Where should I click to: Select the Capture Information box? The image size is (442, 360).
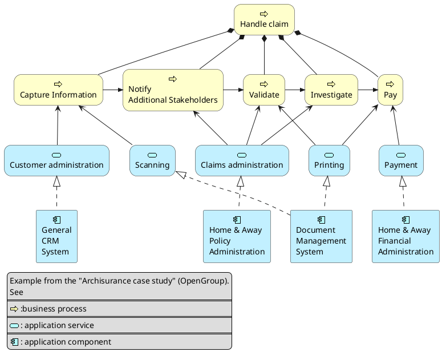pos(58,90)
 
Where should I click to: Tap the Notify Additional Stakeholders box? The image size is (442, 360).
pos(173,90)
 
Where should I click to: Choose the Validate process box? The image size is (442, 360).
pos(264,90)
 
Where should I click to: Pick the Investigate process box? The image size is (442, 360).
pos(331,90)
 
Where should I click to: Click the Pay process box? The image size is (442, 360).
pos(390,90)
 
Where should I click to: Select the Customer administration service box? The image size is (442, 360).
pos(56,160)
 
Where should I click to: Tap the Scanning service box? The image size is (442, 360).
pos(152,160)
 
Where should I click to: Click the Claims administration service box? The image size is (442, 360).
pos(242,160)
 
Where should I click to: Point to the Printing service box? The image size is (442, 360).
pos(329,160)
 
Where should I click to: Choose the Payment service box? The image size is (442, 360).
pos(401,160)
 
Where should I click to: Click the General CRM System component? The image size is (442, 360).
pos(56,236)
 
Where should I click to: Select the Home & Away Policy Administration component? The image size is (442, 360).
pos(237,236)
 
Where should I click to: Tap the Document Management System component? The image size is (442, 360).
pos(321,236)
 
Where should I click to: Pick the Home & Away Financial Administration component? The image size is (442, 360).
pos(405,236)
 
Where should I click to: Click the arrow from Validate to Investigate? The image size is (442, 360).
pos(295,90)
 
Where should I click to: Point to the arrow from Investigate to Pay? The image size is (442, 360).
pos(367,90)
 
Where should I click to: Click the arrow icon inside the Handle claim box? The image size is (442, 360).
pos(264,13)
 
